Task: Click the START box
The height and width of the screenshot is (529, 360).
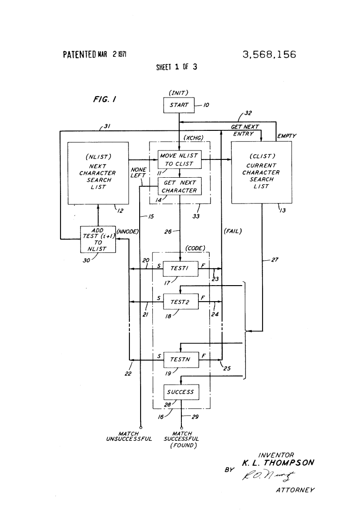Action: point(179,105)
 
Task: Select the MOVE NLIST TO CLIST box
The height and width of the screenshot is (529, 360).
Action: point(179,159)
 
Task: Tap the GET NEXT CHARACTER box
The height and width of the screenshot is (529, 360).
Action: point(179,187)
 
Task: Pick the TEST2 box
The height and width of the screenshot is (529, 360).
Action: point(181,302)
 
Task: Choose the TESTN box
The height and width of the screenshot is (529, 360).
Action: point(181,360)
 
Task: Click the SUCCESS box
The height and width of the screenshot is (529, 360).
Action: point(181,392)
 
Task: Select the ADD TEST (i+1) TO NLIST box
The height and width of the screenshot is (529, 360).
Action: point(98,239)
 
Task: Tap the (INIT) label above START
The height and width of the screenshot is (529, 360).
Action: point(179,93)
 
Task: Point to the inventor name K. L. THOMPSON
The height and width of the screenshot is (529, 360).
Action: point(278,463)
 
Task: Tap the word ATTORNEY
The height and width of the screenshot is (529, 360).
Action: point(295,491)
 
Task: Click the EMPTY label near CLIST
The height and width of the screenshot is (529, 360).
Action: point(286,136)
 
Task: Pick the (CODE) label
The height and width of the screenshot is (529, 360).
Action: point(195,249)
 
